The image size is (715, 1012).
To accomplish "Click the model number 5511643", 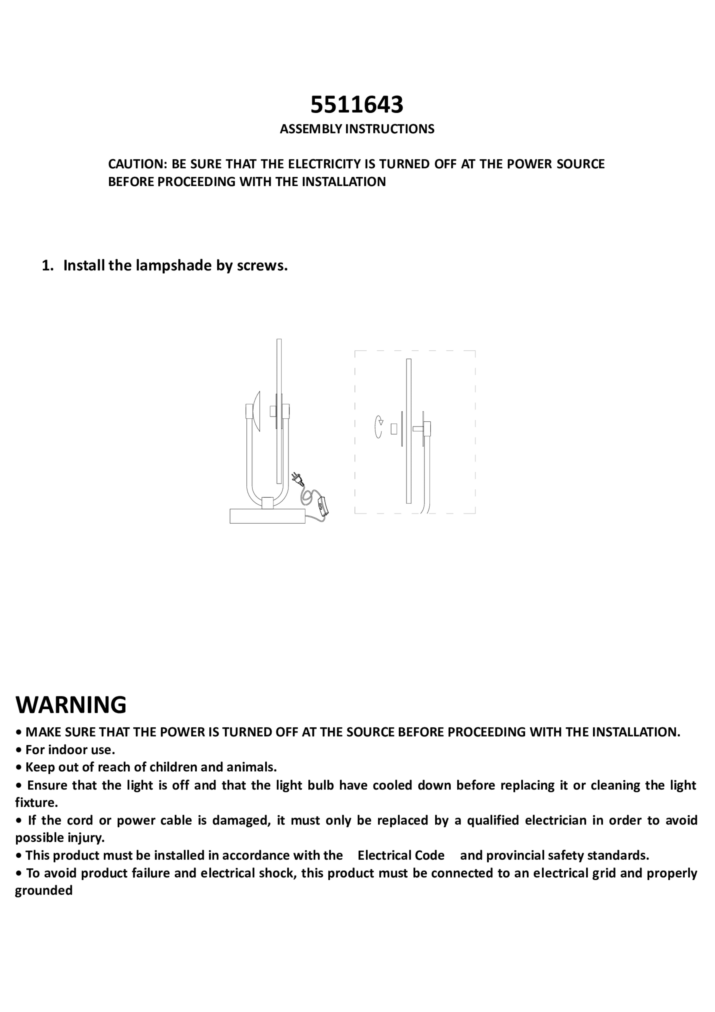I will pos(357,105).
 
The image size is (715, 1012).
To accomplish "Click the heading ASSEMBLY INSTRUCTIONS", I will pos(357,129).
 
